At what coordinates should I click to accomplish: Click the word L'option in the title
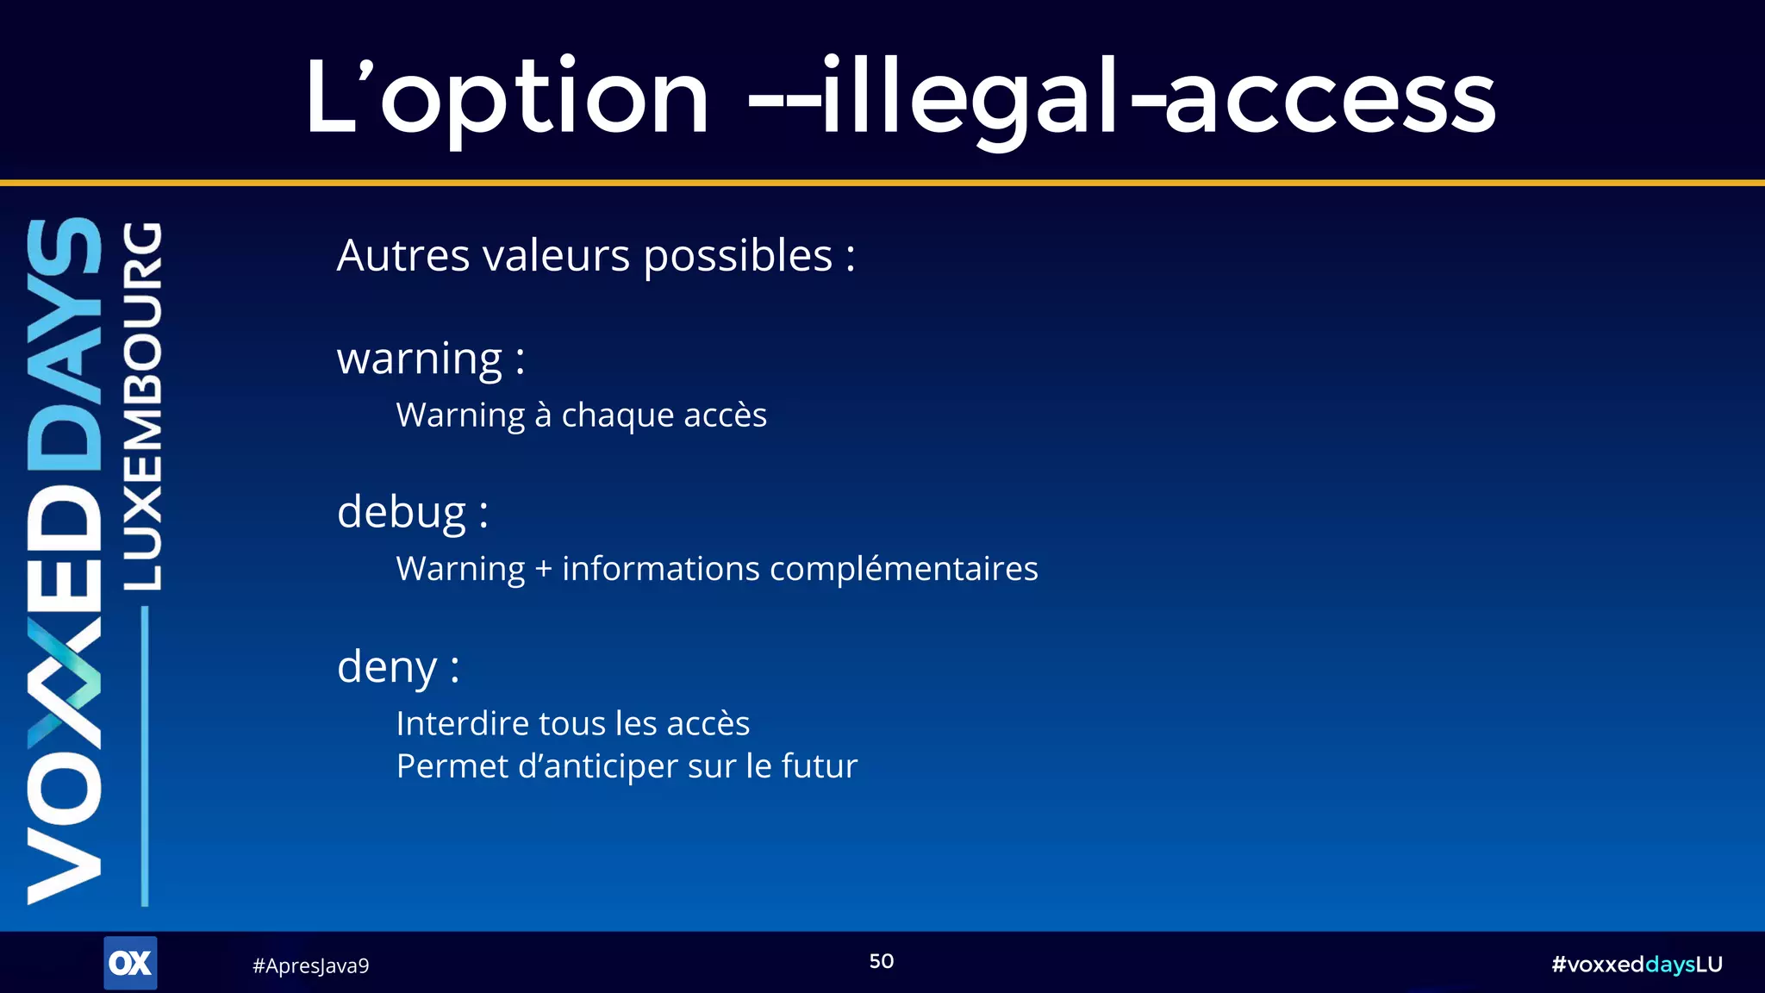[507, 97]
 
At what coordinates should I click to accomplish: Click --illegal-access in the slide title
[1120, 97]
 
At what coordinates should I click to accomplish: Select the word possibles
[738, 256]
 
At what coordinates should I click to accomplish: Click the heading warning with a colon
[430, 359]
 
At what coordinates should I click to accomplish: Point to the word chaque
[617, 415]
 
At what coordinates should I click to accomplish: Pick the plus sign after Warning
[543, 570]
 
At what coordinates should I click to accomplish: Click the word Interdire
[463, 724]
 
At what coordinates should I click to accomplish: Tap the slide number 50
[881, 961]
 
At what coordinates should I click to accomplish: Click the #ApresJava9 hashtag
[310, 965]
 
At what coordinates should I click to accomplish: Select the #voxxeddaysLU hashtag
[1636, 965]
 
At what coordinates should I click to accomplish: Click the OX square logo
[130, 963]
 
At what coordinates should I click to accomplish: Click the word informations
[661, 570]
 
